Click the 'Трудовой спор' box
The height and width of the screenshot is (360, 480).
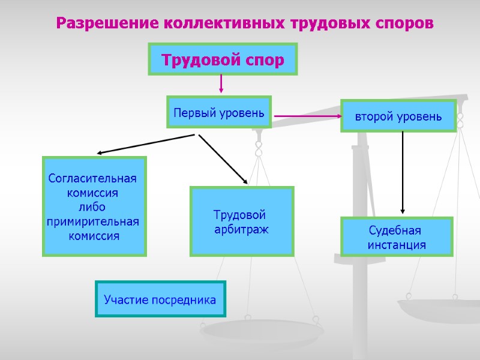[x=223, y=59]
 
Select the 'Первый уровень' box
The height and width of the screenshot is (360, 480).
[x=218, y=112]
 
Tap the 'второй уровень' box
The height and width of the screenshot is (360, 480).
[x=398, y=116]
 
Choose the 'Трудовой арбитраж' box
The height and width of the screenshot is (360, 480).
[x=241, y=221]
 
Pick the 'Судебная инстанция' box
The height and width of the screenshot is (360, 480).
[x=396, y=237]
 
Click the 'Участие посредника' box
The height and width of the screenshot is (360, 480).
[x=160, y=299]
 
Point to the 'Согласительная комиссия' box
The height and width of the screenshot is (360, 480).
[x=94, y=206]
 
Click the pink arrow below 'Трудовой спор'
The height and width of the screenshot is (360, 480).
[x=221, y=83]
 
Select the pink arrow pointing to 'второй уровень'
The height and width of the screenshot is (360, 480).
[x=307, y=116]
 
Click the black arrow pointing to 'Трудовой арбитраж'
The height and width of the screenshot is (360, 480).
[x=223, y=158]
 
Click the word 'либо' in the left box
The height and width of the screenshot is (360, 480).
[x=92, y=208]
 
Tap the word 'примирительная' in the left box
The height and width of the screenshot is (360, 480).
[x=93, y=222]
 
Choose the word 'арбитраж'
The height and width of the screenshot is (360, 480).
[x=242, y=229]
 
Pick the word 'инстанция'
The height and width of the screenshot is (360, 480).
[x=397, y=245]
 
